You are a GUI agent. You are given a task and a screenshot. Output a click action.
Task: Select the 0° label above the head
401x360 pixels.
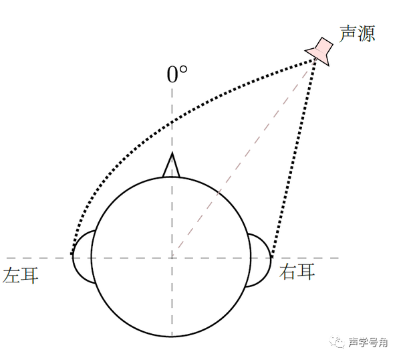click(176, 74)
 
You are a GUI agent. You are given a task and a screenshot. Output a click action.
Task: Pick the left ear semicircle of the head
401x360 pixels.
click(82, 256)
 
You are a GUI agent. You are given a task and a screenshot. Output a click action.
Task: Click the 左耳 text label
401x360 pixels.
click(21, 275)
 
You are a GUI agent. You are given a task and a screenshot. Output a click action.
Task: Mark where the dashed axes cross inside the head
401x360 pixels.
click(172, 257)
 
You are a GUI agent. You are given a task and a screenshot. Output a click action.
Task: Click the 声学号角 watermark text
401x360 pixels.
click(368, 343)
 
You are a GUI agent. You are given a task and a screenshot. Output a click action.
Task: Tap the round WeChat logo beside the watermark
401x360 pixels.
click(338, 343)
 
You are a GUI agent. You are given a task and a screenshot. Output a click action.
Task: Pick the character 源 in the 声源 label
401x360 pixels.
click(366, 33)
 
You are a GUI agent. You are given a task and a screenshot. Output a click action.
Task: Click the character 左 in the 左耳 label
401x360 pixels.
click(12, 275)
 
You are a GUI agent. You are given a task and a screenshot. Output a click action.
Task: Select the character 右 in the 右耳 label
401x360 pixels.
click(288, 272)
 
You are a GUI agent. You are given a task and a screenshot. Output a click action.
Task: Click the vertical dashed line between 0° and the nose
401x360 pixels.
click(172, 120)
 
